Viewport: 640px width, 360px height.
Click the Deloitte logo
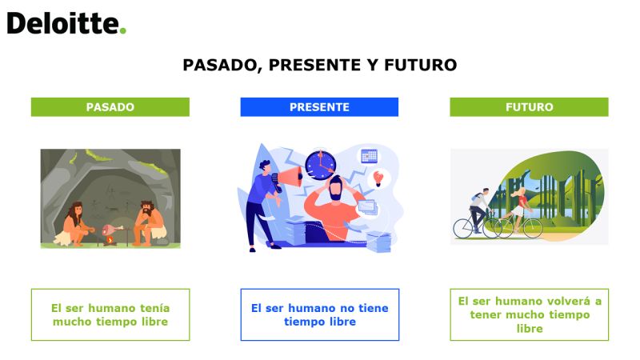pyautogui.click(x=66, y=23)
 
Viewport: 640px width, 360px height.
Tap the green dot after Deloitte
pyautogui.click(x=123, y=30)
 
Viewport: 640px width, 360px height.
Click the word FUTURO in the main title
pyautogui.click(x=421, y=65)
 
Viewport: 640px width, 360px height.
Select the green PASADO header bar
pyautogui.click(x=110, y=107)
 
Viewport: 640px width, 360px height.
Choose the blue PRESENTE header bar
pyautogui.click(x=319, y=107)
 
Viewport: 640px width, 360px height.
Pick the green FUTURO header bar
pyautogui.click(x=529, y=107)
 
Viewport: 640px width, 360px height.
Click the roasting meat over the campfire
pyautogui.click(x=112, y=230)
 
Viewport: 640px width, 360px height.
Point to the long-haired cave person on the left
pyautogui.click(x=74, y=225)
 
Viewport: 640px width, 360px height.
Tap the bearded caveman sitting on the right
pyautogui.click(x=149, y=223)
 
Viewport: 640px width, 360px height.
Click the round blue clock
pyautogui.click(x=321, y=165)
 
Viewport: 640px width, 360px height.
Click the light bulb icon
pyautogui.click(x=378, y=178)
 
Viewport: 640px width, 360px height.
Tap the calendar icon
pyautogui.click(x=369, y=156)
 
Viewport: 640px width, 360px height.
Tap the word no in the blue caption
pyautogui.click(x=347, y=308)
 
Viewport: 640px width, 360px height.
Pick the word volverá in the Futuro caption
pyautogui.click(x=568, y=302)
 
